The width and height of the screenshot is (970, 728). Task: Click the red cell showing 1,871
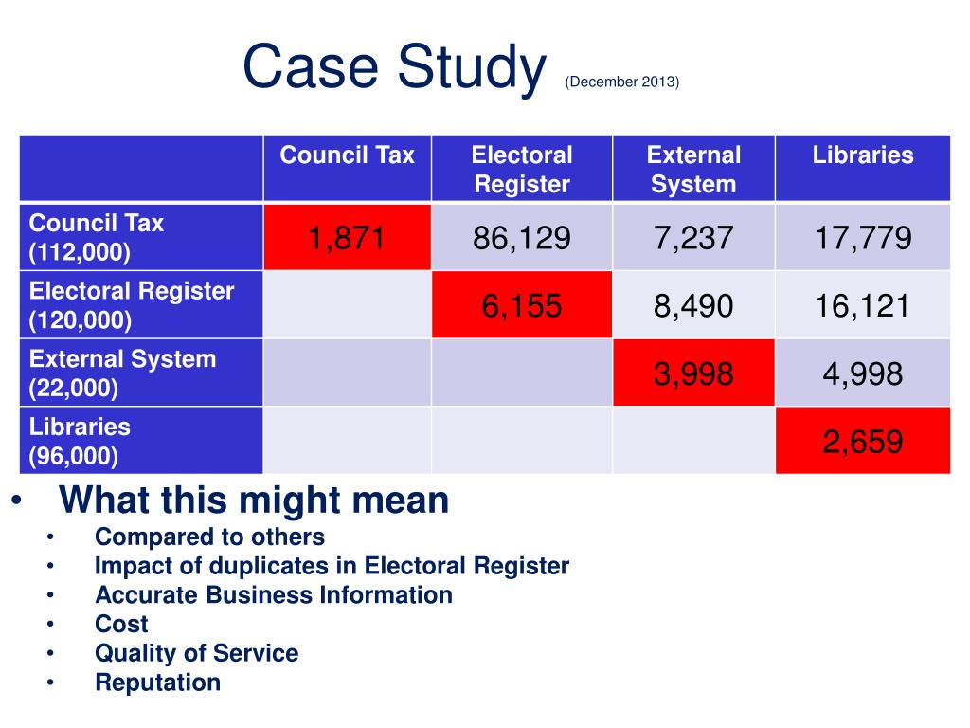point(347,238)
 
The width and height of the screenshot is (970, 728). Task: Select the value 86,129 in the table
point(522,238)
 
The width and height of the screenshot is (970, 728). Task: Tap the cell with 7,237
point(693,238)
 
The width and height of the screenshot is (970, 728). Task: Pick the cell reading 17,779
point(863,238)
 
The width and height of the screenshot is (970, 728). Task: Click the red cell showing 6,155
point(522,305)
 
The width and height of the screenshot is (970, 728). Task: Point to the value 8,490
point(693,305)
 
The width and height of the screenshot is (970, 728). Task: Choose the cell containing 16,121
point(863,305)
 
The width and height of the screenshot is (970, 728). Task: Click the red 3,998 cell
point(693,373)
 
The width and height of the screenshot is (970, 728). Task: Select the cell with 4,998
point(863,373)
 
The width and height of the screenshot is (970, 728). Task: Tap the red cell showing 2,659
point(863,441)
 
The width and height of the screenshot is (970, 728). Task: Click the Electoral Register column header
point(522,169)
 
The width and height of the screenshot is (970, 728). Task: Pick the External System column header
point(693,169)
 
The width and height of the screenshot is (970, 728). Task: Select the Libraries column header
point(863,155)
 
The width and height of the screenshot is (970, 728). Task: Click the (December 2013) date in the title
point(622,82)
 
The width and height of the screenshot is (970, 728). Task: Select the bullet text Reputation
point(157,682)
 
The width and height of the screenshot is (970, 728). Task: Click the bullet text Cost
point(121,624)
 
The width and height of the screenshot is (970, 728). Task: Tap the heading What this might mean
point(254,500)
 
